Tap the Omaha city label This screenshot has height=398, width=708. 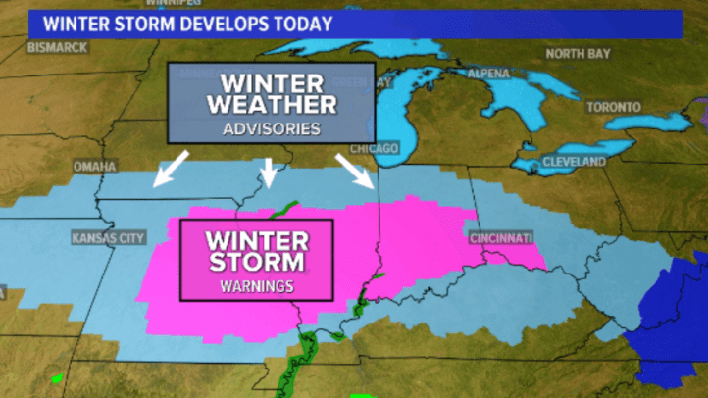pyautogui.click(x=95, y=166)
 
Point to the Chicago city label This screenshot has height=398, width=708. pyautogui.click(x=375, y=149)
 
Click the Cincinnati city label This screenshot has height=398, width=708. pyautogui.click(x=500, y=239)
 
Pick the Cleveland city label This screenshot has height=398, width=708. pyautogui.click(x=576, y=161)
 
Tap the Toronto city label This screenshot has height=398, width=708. pyautogui.click(x=614, y=107)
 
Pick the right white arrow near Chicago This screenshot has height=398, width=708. pyautogui.click(x=354, y=170)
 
